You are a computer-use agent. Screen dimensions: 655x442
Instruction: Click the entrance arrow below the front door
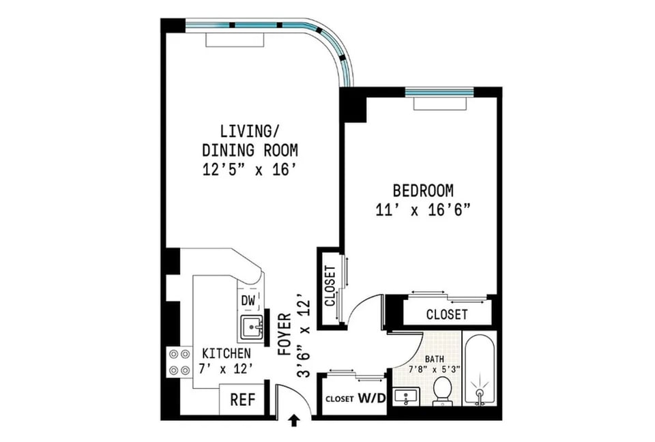click(x=294, y=421)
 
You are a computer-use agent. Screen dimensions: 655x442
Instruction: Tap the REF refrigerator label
click(x=243, y=400)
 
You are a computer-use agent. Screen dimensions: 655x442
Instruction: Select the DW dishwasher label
click(x=248, y=301)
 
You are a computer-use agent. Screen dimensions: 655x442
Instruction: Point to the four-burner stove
click(x=179, y=362)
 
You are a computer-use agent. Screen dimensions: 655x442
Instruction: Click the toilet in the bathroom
click(x=441, y=392)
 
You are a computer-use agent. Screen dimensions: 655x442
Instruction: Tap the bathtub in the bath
click(x=480, y=369)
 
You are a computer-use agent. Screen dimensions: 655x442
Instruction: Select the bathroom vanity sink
click(x=406, y=396)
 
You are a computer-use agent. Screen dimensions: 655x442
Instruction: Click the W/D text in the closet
click(x=371, y=398)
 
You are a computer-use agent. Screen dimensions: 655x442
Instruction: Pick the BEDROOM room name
click(x=423, y=190)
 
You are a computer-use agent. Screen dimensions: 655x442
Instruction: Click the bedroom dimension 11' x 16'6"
click(x=423, y=210)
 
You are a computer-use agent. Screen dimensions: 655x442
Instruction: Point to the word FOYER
click(x=285, y=334)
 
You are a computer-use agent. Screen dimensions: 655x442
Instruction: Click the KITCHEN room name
click(x=227, y=353)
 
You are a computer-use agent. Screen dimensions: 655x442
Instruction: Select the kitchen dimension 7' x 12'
click(x=226, y=369)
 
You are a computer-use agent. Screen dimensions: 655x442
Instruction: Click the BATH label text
click(x=435, y=359)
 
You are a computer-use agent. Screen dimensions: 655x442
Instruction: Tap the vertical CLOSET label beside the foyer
click(x=330, y=286)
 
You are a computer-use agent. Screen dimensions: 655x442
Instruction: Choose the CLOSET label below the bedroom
click(x=446, y=314)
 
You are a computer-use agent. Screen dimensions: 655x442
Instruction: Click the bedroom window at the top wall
click(x=439, y=92)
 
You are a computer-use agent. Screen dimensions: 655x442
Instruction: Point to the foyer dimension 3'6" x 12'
click(x=304, y=338)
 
